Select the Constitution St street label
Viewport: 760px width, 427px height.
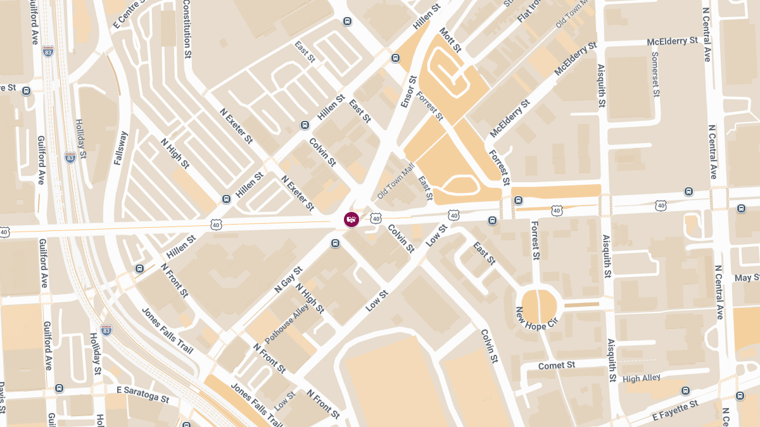pyautogui.click(x=187, y=29)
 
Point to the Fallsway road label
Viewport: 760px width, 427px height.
pyautogui.click(x=120, y=148)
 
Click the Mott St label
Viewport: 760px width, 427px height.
pyautogui.click(x=451, y=39)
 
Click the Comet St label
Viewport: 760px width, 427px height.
pyautogui.click(x=557, y=366)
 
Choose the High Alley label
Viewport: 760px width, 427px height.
pyautogui.click(x=641, y=378)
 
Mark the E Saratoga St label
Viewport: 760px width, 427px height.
pyautogui.click(x=142, y=394)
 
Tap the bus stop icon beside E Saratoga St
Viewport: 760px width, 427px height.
pyautogui.click(x=59, y=388)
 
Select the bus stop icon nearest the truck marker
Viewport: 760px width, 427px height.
pyautogui.click(x=336, y=244)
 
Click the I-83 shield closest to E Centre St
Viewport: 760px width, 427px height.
pyautogui.click(x=48, y=51)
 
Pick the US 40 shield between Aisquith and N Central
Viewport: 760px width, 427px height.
pyautogui.click(x=661, y=206)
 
